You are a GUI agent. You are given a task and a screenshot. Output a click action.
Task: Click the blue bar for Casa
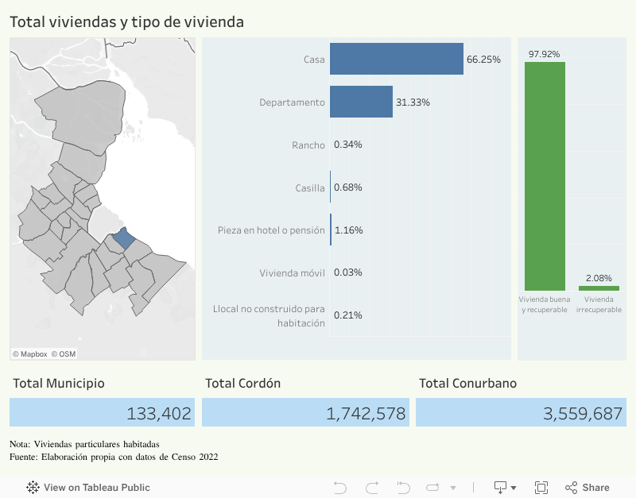[396, 59]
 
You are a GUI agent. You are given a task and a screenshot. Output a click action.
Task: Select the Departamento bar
[361, 102]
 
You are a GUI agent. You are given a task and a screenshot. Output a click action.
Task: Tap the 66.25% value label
[483, 60]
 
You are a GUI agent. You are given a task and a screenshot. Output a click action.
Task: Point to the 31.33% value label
[412, 102]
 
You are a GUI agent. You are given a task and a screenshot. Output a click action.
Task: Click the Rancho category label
[308, 145]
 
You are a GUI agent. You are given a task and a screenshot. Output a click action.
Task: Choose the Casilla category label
[309, 187]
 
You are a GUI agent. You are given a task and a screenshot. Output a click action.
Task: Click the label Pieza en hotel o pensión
[271, 230]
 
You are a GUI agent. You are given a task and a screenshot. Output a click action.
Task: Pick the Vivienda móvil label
[292, 272]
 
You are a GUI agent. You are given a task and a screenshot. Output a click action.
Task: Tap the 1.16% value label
[349, 230]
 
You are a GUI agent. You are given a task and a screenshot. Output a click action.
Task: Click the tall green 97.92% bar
[545, 176]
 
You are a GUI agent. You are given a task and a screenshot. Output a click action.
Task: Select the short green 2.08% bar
[599, 288]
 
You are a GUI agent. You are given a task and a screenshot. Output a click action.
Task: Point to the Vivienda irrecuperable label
[599, 304]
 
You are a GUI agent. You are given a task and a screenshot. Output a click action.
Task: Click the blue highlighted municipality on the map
[124, 238]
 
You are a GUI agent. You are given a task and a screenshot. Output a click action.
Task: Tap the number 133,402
[159, 413]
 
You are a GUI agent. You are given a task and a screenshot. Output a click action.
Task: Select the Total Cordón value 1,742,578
[366, 413]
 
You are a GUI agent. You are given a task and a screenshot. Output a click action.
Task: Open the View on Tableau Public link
[88, 487]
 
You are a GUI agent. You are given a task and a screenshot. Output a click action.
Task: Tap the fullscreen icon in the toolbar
[541, 487]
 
